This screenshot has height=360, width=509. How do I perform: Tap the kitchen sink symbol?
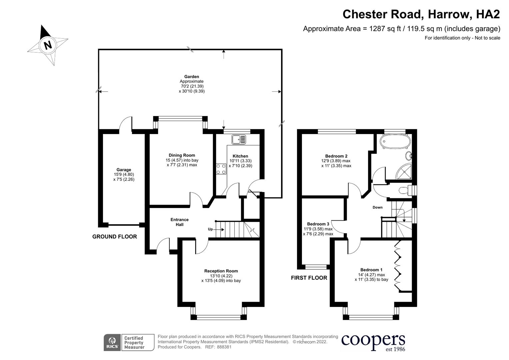click(x=239, y=139)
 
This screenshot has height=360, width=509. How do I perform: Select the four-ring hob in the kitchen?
click(x=221, y=169)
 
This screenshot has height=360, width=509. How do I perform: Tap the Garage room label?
click(x=124, y=170)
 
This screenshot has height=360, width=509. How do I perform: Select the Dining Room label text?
click(x=182, y=155)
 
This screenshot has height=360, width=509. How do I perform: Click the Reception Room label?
click(x=221, y=271)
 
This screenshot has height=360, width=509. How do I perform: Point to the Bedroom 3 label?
click(x=318, y=224)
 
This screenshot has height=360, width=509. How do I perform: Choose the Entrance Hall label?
click(x=180, y=222)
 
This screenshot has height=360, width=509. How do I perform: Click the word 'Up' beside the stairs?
click(x=210, y=229)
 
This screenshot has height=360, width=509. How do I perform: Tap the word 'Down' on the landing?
click(x=377, y=207)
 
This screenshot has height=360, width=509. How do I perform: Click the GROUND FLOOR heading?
click(x=114, y=237)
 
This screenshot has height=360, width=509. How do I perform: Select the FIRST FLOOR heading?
click(x=309, y=278)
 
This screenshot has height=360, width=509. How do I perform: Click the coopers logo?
click(x=373, y=342)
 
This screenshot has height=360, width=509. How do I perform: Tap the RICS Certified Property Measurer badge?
click(x=129, y=343)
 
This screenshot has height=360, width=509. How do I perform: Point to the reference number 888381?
click(x=224, y=347)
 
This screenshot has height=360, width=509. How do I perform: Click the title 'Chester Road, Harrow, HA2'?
click(x=421, y=14)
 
